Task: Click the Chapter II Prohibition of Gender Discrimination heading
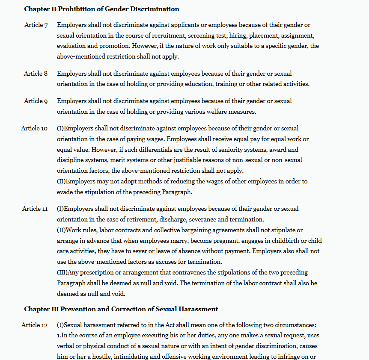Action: click(101, 9)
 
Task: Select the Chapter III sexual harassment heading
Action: click(121, 309)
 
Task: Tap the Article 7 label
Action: click(36, 25)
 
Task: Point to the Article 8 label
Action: click(36, 74)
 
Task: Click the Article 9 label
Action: click(36, 101)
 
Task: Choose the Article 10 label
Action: click(34, 128)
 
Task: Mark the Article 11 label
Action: click(35, 209)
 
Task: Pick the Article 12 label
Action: click(34, 325)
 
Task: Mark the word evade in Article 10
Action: click(65, 192)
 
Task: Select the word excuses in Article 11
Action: click(175, 262)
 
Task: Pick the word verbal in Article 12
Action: click(66, 346)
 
